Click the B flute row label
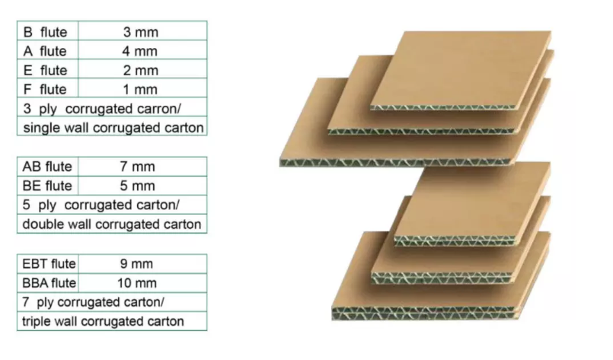[46, 32]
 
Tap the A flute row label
[46, 51]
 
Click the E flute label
[46, 70]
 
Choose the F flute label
[46, 89]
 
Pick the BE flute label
[47, 186]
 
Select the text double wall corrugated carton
[112, 224]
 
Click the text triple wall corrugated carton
[103, 321]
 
